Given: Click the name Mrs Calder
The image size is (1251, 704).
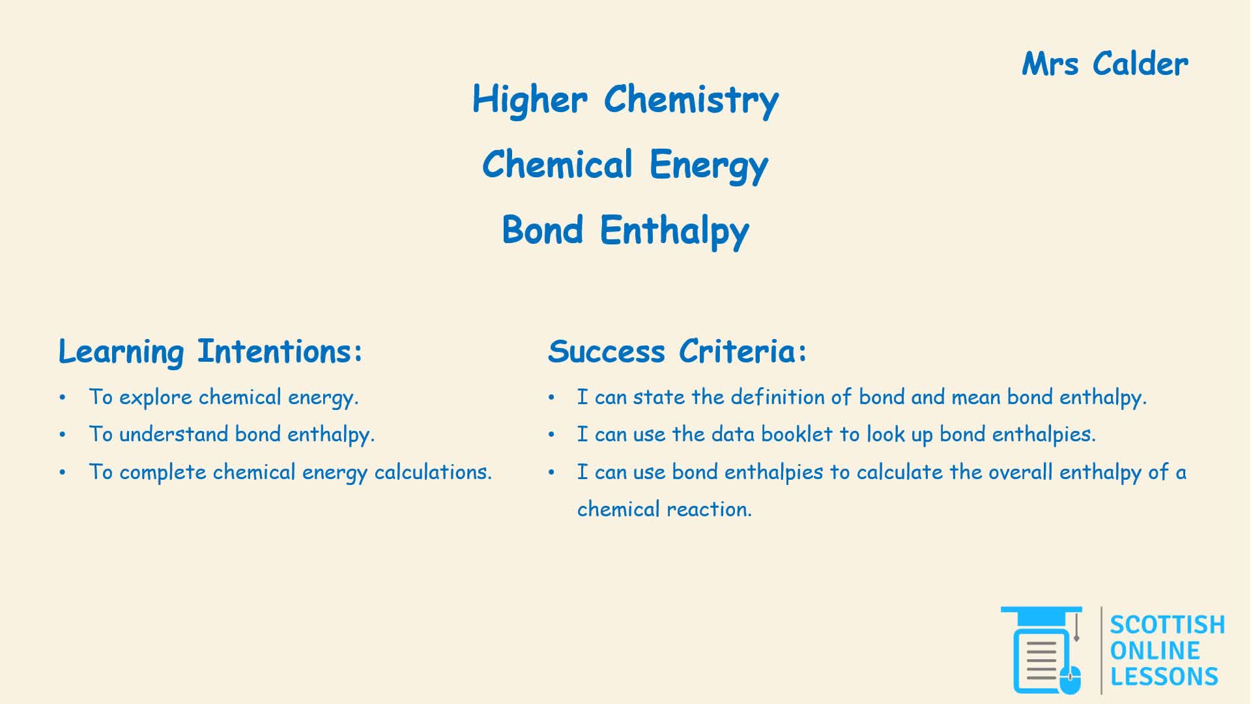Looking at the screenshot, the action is coord(1105,64).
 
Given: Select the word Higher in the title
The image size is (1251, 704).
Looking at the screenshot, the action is coord(530,100).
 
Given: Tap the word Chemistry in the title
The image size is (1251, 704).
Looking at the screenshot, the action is coord(691,100).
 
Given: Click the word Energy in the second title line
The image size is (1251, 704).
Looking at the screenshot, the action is coord(709,165).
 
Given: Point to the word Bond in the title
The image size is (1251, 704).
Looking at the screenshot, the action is coord(542,229).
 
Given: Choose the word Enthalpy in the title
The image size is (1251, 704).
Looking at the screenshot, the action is coord(674,231).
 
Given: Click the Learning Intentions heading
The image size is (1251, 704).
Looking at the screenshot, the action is coord(210,352).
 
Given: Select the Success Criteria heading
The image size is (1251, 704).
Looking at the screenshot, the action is coord(678,351).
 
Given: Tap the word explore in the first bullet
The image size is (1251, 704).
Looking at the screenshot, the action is coord(156,398).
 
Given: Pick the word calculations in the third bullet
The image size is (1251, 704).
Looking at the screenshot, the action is coord(433,471).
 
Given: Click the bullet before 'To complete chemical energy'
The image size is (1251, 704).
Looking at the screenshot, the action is coord(63,472).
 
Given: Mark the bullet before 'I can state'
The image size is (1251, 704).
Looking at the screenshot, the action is coord(551,397).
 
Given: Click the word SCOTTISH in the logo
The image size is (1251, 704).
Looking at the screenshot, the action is coord(1167,624).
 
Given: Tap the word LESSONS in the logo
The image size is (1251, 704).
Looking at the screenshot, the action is coord(1164,677).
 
